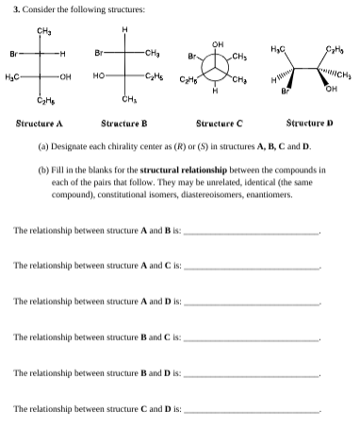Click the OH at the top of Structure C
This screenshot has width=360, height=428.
[219, 41]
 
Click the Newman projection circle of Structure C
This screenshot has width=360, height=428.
[218, 68]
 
